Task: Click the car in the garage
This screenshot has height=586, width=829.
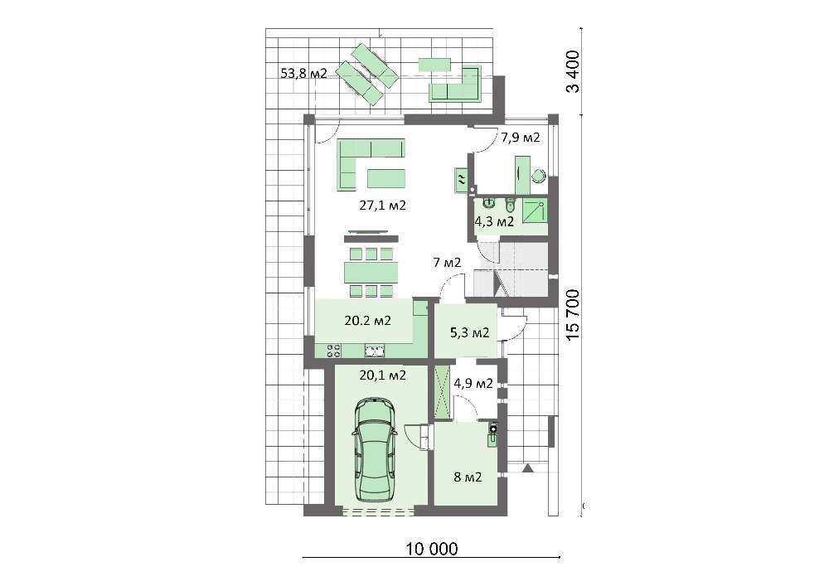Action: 375,451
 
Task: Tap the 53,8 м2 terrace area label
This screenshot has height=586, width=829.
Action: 303,74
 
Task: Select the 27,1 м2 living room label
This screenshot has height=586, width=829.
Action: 382,206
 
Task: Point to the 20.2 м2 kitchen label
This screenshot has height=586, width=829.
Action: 367,320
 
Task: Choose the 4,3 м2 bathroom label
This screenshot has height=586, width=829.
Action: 494,221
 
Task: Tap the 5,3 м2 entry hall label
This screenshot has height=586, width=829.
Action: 469,333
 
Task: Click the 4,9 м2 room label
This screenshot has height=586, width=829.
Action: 473,383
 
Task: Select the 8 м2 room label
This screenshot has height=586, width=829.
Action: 468,477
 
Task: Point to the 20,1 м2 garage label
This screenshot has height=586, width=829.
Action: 382,375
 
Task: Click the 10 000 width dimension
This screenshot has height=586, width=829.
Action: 431,549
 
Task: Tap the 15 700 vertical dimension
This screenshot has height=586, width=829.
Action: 573,314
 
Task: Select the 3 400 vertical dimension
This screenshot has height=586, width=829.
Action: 573,71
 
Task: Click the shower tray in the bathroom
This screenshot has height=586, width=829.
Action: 535,211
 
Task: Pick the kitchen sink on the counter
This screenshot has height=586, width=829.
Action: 375,351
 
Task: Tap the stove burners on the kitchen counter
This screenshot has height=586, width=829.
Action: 333,351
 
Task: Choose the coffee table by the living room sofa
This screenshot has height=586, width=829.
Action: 386,178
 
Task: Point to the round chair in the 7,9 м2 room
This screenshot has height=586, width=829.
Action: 539,176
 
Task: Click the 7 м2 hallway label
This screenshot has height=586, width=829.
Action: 447,262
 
